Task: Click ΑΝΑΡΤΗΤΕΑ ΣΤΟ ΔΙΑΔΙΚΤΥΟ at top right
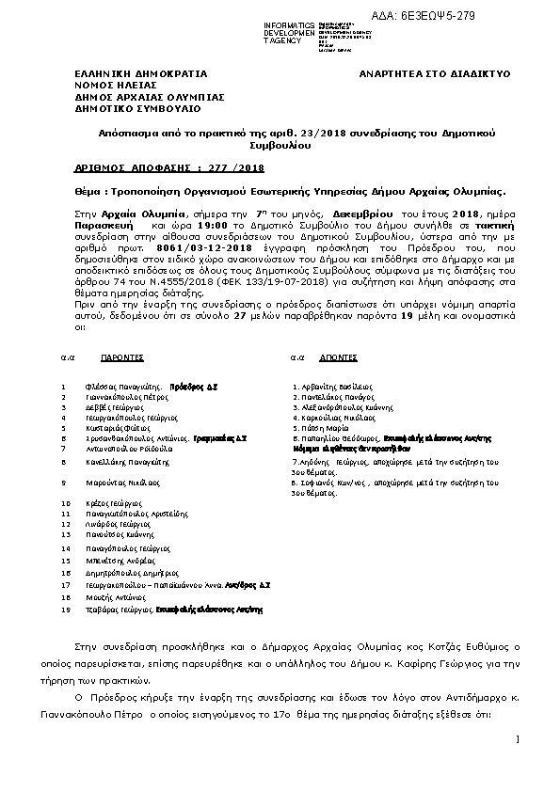pyautogui.click(x=435, y=73)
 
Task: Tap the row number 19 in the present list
pyautogui.click(x=64, y=610)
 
